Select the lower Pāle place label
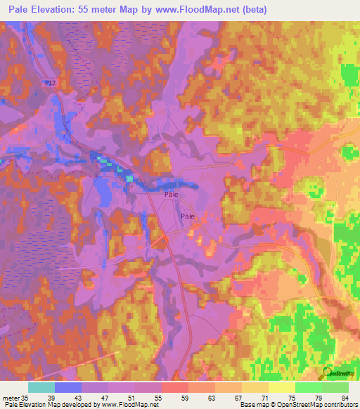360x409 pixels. [187, 217]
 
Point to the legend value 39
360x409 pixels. [68, 397]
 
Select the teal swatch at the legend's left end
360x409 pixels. [41, 387]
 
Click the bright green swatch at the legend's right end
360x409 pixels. [335, 387]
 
